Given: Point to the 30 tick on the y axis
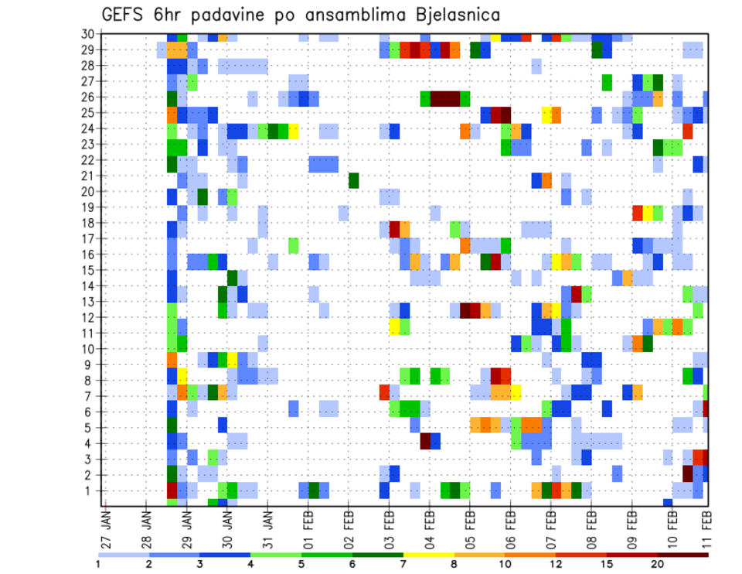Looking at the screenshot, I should pyautogui.click(x=87, y=33).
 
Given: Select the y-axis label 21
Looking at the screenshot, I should pyautogui.click(x=87, y=176).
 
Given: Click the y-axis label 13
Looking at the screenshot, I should pyautogui.click(x=87, y=301).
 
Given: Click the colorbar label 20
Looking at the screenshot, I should pyautogui.click(x=658, y=564).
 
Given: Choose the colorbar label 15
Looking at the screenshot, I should pyautogui.click(x=608, y=564).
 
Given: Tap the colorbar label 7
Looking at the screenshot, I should pyautogui.click(x=403, y=564).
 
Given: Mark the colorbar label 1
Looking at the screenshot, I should pyautogui.click(x=98, y=564).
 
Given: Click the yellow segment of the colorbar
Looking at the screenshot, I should pyautogui.click(x=429, y=554).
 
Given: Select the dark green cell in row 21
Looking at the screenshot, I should pyautogui.click(x=353, y=180).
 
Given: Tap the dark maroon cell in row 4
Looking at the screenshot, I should pyautogui.click(x=425, y=441).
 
